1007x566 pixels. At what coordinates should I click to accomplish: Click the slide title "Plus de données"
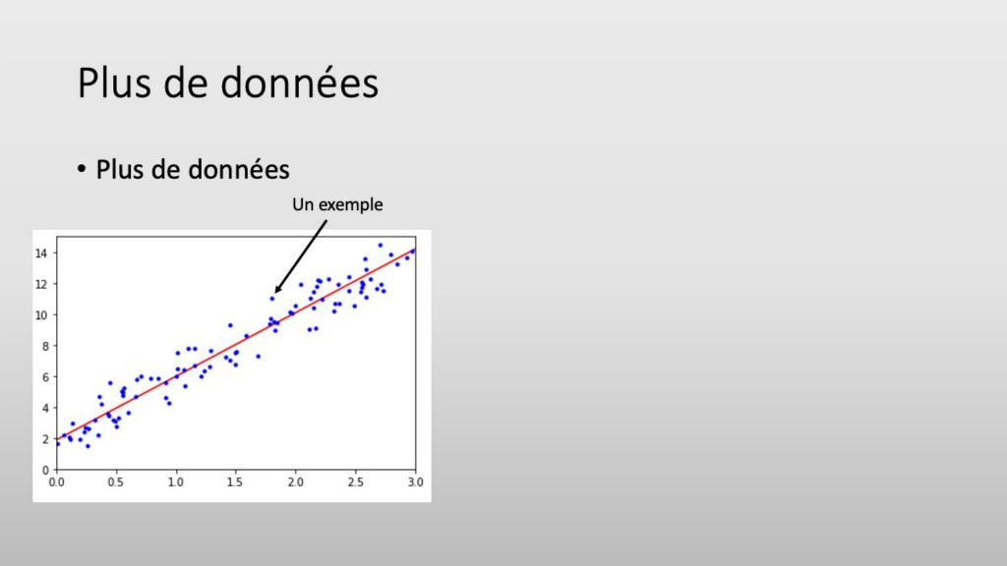[x=228, y=83]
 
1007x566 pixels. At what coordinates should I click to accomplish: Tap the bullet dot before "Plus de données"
[x=81, y=169]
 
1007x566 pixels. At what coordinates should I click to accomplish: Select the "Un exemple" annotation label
[x=337, y=204]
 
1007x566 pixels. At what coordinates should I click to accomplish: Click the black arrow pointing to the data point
[x=301, y=256]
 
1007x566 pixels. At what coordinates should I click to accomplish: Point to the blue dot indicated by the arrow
[x=271, y=299]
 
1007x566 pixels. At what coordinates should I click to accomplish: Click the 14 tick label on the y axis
[x=41, y=254]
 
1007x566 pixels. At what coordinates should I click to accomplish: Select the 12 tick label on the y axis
[x=41, y=284]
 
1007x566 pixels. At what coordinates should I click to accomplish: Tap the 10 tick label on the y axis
[x=41, y=315]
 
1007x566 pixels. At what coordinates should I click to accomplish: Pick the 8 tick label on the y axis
[x=45, y=346]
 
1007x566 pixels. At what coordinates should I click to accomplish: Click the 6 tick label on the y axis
[x=45, y=377]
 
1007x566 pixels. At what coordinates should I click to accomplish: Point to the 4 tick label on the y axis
[x=45, y=408]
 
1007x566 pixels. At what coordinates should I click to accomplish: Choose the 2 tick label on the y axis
[x=45, y=439]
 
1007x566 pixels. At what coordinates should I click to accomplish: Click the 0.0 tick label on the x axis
[x=56, y=481]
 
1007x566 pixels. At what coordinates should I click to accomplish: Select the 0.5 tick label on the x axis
[x=116, y=481]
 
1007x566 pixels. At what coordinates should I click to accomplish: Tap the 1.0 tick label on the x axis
[x=175, y=481]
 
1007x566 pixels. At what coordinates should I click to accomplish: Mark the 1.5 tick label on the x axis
[x=235, y=481]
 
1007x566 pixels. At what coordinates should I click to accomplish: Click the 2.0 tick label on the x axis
[x=295, y=481]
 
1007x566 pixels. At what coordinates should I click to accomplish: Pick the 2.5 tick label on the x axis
[x=355, y=481]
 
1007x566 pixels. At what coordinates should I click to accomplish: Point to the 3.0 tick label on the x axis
[x=416, y=481]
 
